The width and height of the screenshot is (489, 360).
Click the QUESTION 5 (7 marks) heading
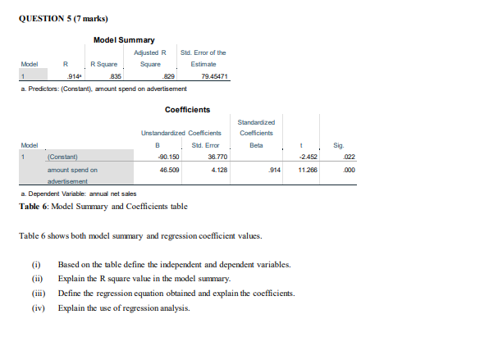[62, 19]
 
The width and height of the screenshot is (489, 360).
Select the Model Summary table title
[124, 40]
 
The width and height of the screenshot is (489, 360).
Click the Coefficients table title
[187, 109]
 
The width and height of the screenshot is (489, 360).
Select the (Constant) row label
[63, 156]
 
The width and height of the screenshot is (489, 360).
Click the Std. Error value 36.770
[217, 156]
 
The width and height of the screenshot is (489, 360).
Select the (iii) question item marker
[36, 294]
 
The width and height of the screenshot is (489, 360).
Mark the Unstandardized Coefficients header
[181, 131]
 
